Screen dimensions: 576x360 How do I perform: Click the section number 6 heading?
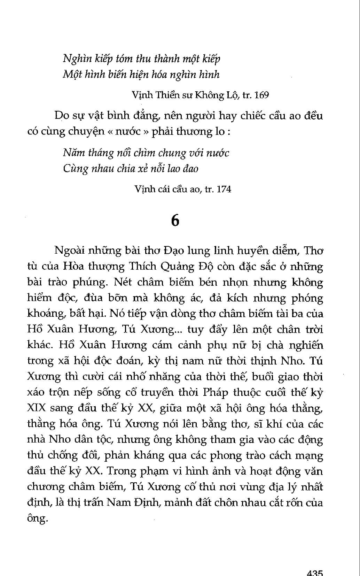(175, 220)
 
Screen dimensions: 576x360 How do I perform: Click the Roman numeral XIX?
(37, 408)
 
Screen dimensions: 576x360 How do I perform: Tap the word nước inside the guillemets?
(141, 131)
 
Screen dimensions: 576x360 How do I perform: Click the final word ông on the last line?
(37, 519)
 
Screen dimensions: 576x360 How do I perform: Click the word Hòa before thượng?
(73, 267)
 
